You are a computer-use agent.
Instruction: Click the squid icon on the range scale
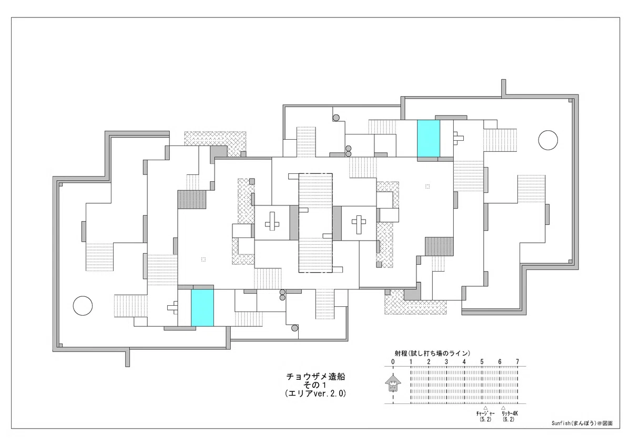tap(393, 383)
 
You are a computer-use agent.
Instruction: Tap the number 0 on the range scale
tap(393, 362)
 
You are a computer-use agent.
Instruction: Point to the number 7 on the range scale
tap(517, 362)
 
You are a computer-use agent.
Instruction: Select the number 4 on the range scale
tap(464, 362)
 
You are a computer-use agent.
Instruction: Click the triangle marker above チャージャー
tap(485, 408)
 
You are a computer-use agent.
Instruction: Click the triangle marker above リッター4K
tap(503, 408)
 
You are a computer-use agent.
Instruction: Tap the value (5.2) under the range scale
tap(485, 420)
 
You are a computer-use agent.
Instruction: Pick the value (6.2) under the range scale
tap(508, 420)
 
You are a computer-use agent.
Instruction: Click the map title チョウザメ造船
tap(316, 377)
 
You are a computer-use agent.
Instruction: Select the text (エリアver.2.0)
tap(315, 393)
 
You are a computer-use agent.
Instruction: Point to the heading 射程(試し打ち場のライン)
tap(432, 353)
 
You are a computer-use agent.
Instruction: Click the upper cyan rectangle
tap(429, 139)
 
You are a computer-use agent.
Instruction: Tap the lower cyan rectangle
tap(202, 308)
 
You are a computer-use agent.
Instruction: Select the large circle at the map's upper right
tap(548, 140)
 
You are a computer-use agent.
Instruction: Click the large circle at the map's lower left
tap(83, 306)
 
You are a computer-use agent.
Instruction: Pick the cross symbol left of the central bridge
tap(272, 221)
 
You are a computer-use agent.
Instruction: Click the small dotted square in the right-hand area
tap(428, 186)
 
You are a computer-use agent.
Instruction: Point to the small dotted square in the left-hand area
tap(203, 260)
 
